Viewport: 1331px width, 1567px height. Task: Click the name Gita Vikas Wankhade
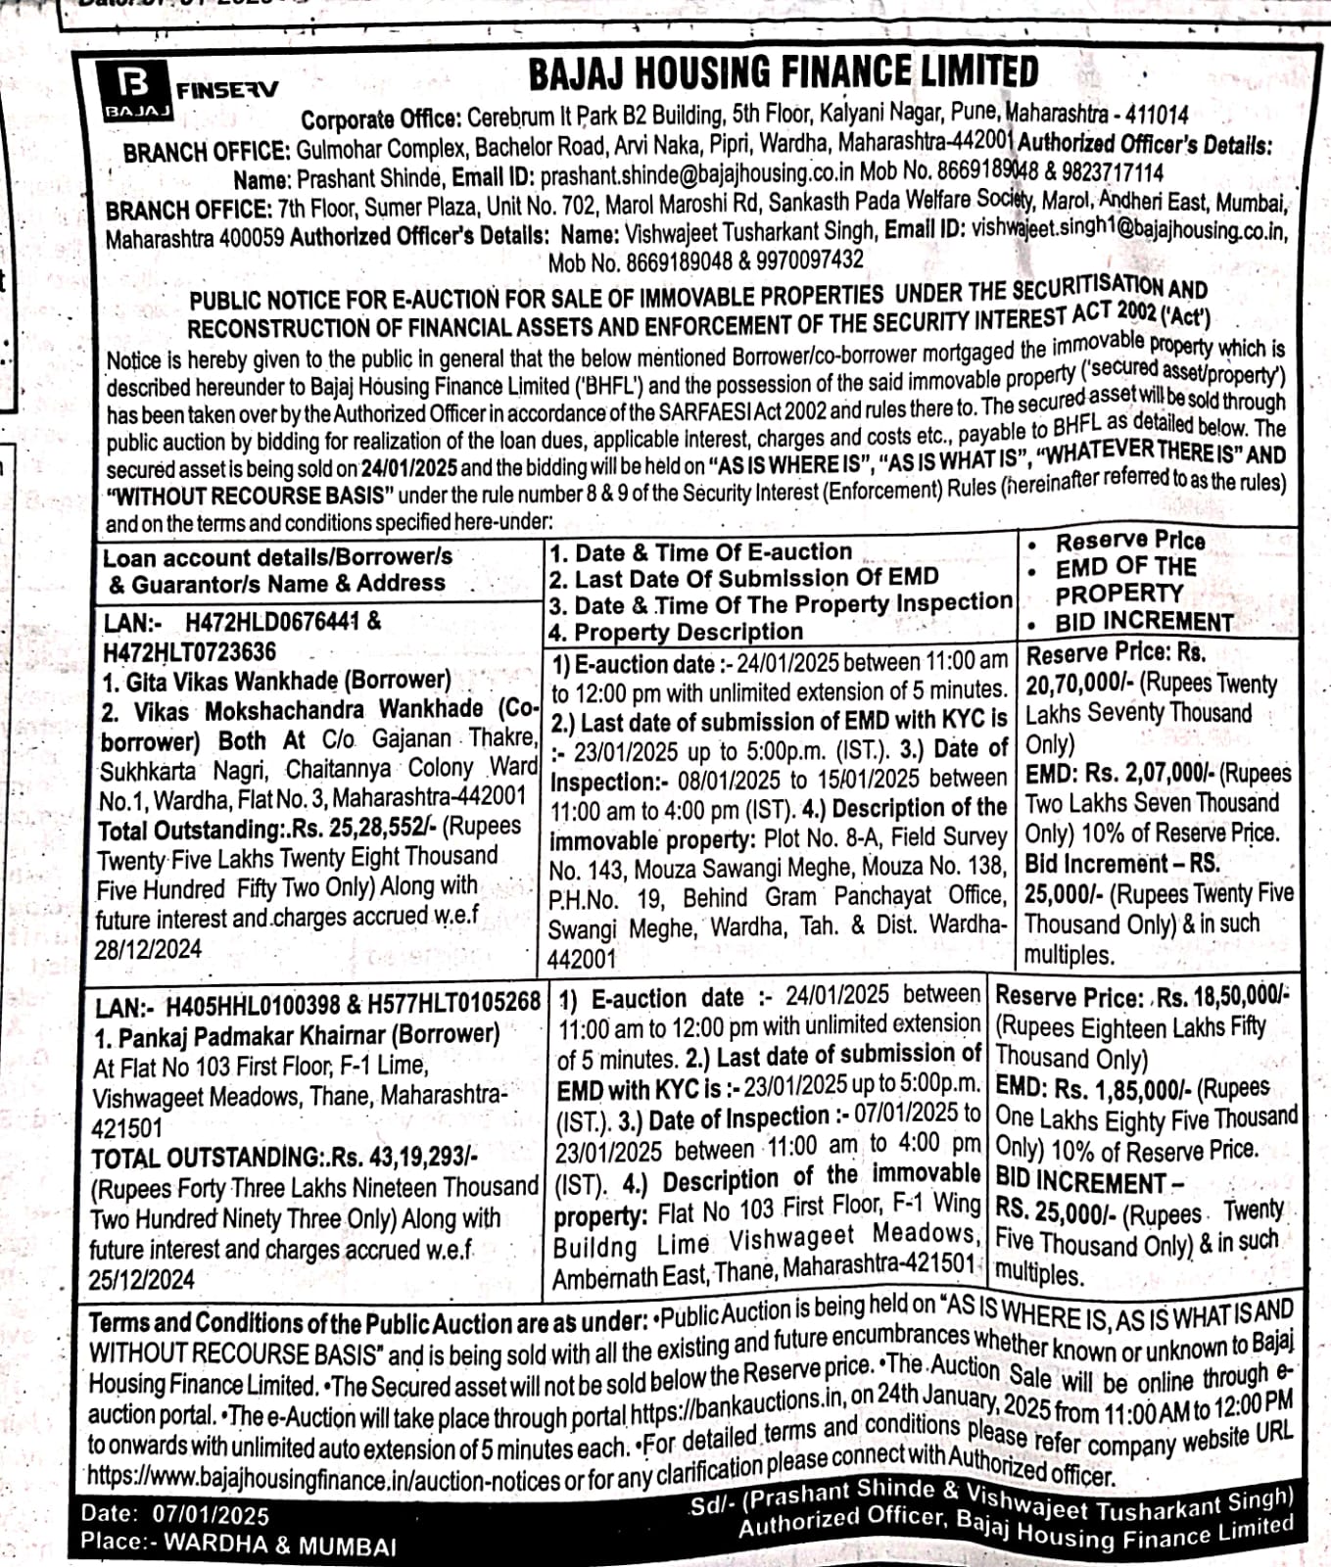pos(233,680)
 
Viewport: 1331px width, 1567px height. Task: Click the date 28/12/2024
pos(148,950)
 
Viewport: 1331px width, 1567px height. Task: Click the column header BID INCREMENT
pos(1143,623)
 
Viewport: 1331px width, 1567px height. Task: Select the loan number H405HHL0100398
pos(253,1005)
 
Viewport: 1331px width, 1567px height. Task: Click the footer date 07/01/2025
pos(211,1515)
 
